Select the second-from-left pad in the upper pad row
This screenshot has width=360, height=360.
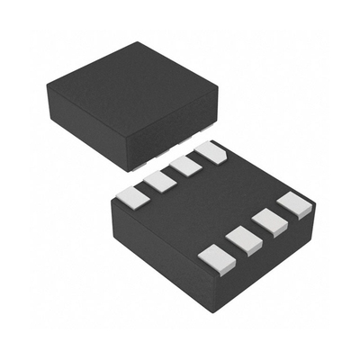point(160,180)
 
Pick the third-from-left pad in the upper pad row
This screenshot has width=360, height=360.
point(186,166)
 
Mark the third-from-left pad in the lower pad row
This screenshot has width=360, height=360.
point(267,221)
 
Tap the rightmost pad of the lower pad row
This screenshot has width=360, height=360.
point(292,204)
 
